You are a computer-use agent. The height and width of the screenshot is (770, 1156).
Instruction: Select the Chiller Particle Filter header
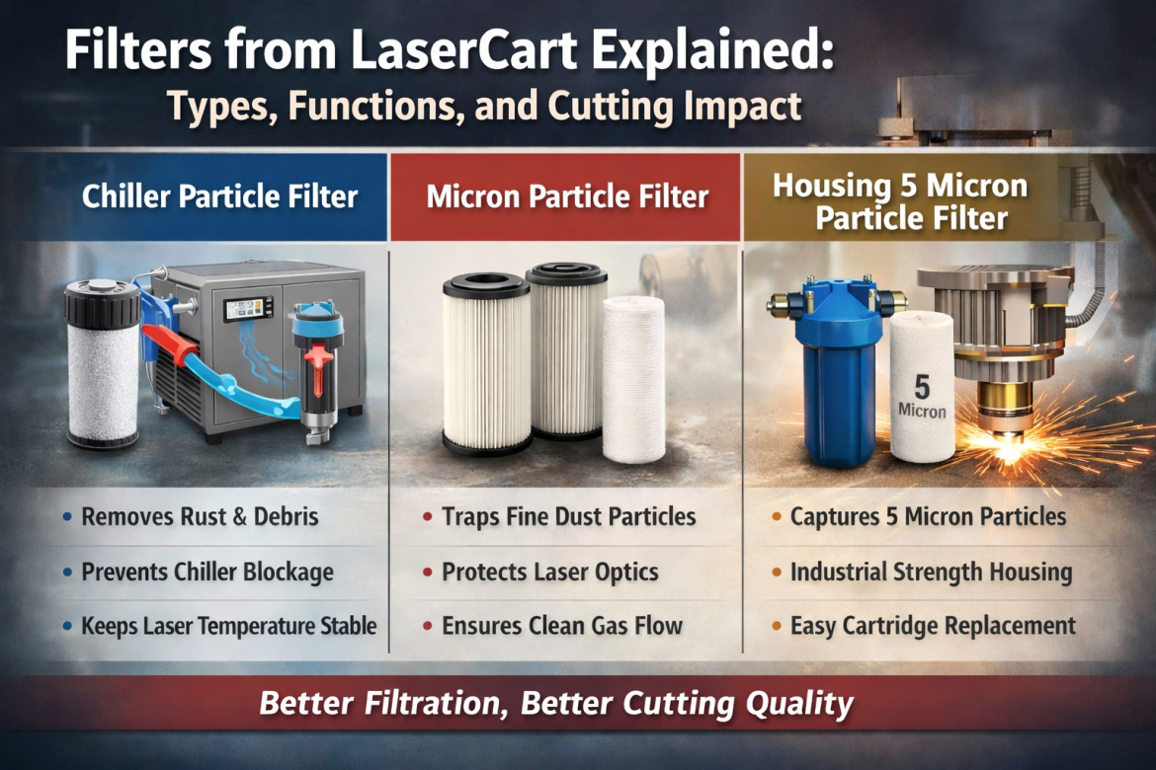219,196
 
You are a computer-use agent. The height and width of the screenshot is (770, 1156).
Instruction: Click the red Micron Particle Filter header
567,196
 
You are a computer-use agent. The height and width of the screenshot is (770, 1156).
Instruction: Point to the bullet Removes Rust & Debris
200,516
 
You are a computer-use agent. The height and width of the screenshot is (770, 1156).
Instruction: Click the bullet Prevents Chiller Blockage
207,572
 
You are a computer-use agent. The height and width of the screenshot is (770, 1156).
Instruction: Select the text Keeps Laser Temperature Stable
228,625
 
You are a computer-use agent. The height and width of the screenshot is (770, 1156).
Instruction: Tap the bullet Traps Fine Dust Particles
568,516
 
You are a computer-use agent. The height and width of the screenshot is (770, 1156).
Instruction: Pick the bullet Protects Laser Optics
550,572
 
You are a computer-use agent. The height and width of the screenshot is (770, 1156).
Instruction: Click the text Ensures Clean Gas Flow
563,625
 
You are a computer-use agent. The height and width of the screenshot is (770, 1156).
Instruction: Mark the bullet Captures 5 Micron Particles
928,516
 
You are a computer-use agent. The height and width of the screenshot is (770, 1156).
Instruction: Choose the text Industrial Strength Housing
931,572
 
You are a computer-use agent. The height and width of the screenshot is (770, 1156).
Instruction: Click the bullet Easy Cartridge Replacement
933,625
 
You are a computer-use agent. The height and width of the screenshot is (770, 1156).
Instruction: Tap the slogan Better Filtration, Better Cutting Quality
556,704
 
